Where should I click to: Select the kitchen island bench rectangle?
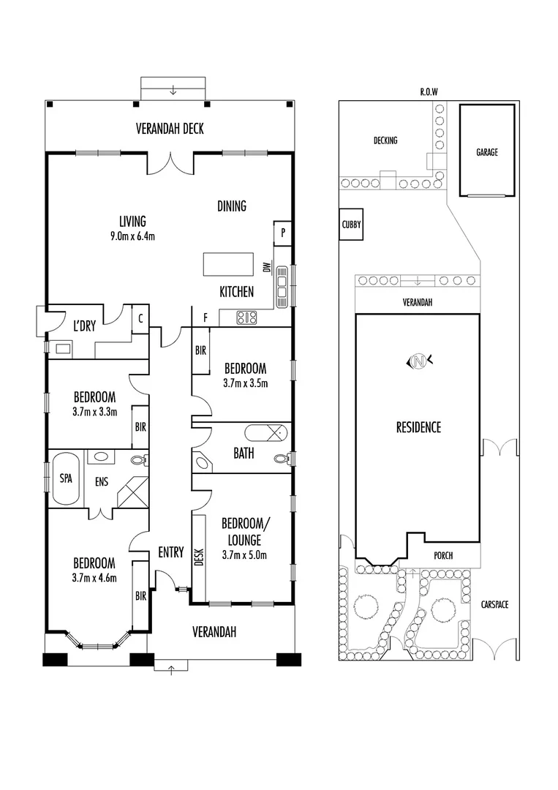223,263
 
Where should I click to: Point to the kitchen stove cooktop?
246,317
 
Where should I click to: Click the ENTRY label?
170,553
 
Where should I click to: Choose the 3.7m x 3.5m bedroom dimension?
245,383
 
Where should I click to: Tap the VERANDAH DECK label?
170,129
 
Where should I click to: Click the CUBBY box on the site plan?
351,226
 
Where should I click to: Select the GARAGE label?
486,153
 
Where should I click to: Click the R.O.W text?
428,91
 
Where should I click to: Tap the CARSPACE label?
495,604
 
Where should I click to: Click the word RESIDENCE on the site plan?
418,427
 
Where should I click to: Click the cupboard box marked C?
139,318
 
